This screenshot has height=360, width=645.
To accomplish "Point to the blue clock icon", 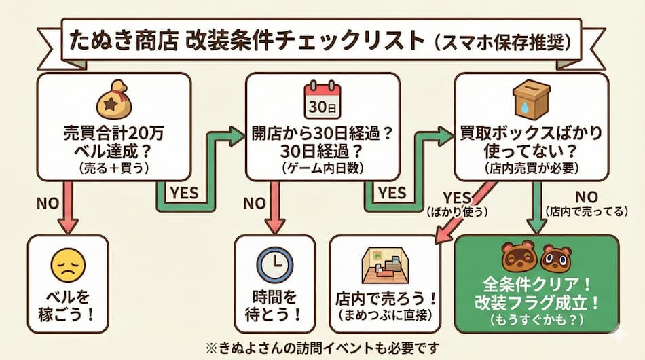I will pyautogui.click(x=274, y=266).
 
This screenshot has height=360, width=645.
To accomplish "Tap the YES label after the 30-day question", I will pyautogui.click(x=392, y=193).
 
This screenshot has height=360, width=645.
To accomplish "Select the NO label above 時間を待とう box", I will pyautogui.click(x=255, y=203).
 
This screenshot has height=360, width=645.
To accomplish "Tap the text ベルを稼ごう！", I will pyautogui.click(x=67, y=306).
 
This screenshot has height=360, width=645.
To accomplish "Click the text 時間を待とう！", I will pyautogui.click(x=274, y=306).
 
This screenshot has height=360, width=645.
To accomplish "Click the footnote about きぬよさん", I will pyautogui.click(x=322, y=347).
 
